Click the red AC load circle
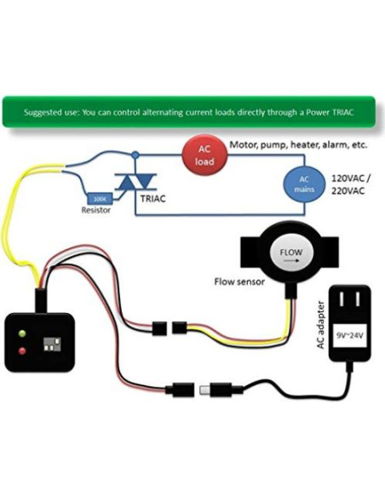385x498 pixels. pos(204,154)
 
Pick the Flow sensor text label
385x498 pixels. pos(238,281)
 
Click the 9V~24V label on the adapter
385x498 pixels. pos(350,334)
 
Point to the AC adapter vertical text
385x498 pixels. pos(321,328)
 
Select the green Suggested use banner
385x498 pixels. pos(192,112)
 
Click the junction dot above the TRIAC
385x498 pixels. pos(135,154)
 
